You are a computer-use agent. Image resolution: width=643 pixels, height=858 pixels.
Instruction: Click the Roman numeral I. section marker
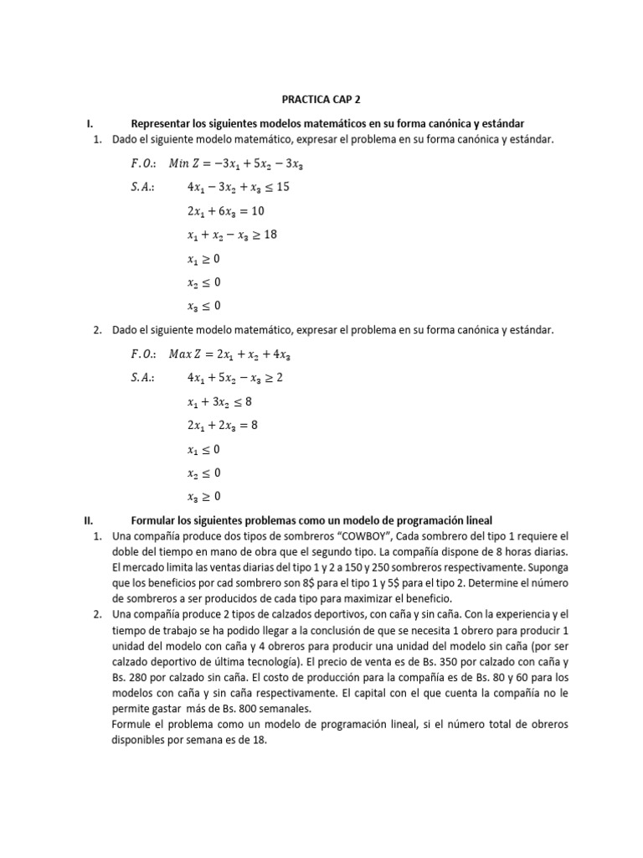pyautogui.click(x=91, y=124)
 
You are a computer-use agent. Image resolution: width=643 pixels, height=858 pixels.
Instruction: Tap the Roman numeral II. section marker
pyautogui.click(x=93, y=520)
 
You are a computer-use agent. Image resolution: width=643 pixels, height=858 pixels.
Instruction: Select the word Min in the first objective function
pyautogui.click(x=180, y=163)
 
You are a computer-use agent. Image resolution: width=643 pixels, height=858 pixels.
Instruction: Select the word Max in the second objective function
pyautogui.click(x=182, y=354)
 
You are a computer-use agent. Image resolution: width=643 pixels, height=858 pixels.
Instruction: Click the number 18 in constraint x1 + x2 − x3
pyautogui.click(x=269, y=235)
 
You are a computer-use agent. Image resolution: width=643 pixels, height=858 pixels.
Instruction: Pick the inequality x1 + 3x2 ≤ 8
pyautogui.click(x=219, y=402)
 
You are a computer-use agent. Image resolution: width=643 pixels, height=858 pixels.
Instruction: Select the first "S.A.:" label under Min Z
pyautogui.click(x=144, y=188)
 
